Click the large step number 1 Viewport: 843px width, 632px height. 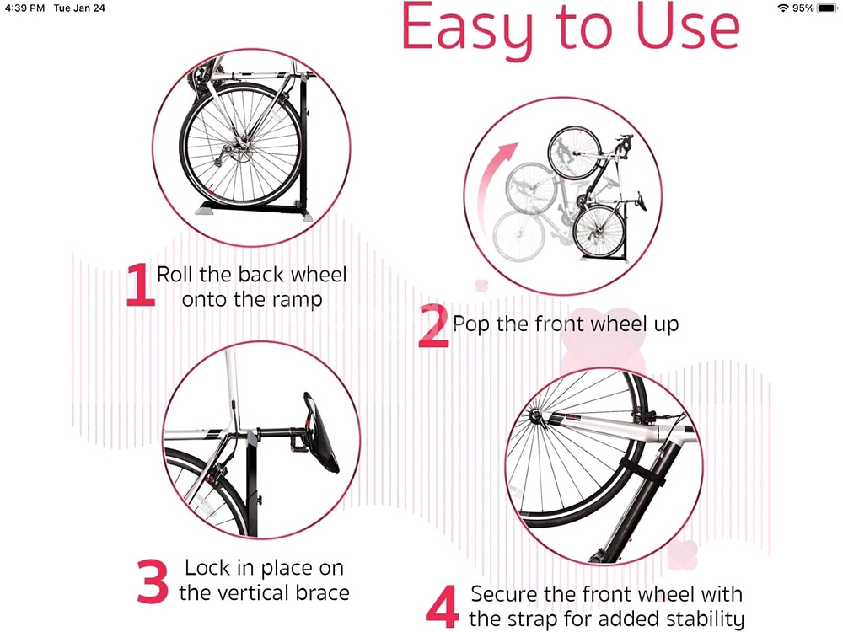tap(141, 285)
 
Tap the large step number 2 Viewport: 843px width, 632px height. tap(433, 325)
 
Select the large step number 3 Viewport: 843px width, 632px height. tap(153, 581)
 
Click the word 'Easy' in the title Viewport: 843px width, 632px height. tap(467, 28)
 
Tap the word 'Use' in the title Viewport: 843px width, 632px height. tap(687, 26)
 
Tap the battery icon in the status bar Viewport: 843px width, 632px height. tap(828, 8)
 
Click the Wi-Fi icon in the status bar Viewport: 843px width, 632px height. tap(783, 8)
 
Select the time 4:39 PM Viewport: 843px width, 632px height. tap(24, 8)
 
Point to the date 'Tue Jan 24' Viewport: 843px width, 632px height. tap(79, 8)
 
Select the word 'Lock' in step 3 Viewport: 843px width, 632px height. tap(208, 567)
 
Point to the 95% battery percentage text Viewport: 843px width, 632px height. tap(803, 8)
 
